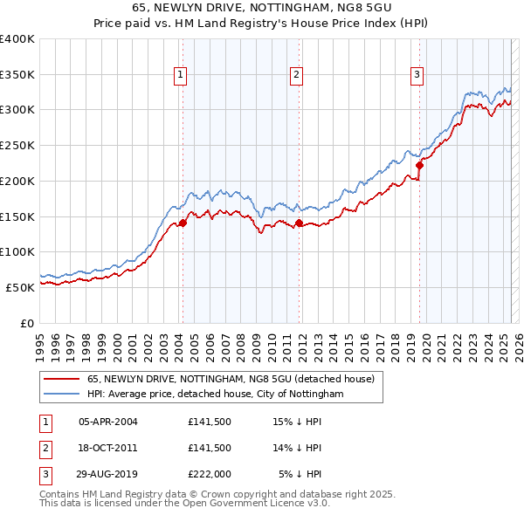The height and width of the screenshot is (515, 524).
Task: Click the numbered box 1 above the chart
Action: click(x=180, y=76)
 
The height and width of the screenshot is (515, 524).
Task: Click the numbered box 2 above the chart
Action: click(x=297, y=76)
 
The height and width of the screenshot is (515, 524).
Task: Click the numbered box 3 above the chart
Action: click(x=417, y=76)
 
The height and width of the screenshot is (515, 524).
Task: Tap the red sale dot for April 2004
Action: click(x=183, y=223)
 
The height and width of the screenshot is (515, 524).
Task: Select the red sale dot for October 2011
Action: click(x=299, y=223)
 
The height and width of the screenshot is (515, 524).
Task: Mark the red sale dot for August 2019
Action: click(x=419, y=165)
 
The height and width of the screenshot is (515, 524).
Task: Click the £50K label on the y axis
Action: click(x=19, y=287)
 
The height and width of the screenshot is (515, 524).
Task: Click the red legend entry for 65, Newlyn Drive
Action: click(x=231, y=379)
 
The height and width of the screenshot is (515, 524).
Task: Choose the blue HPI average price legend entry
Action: click(x=215, y=394)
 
